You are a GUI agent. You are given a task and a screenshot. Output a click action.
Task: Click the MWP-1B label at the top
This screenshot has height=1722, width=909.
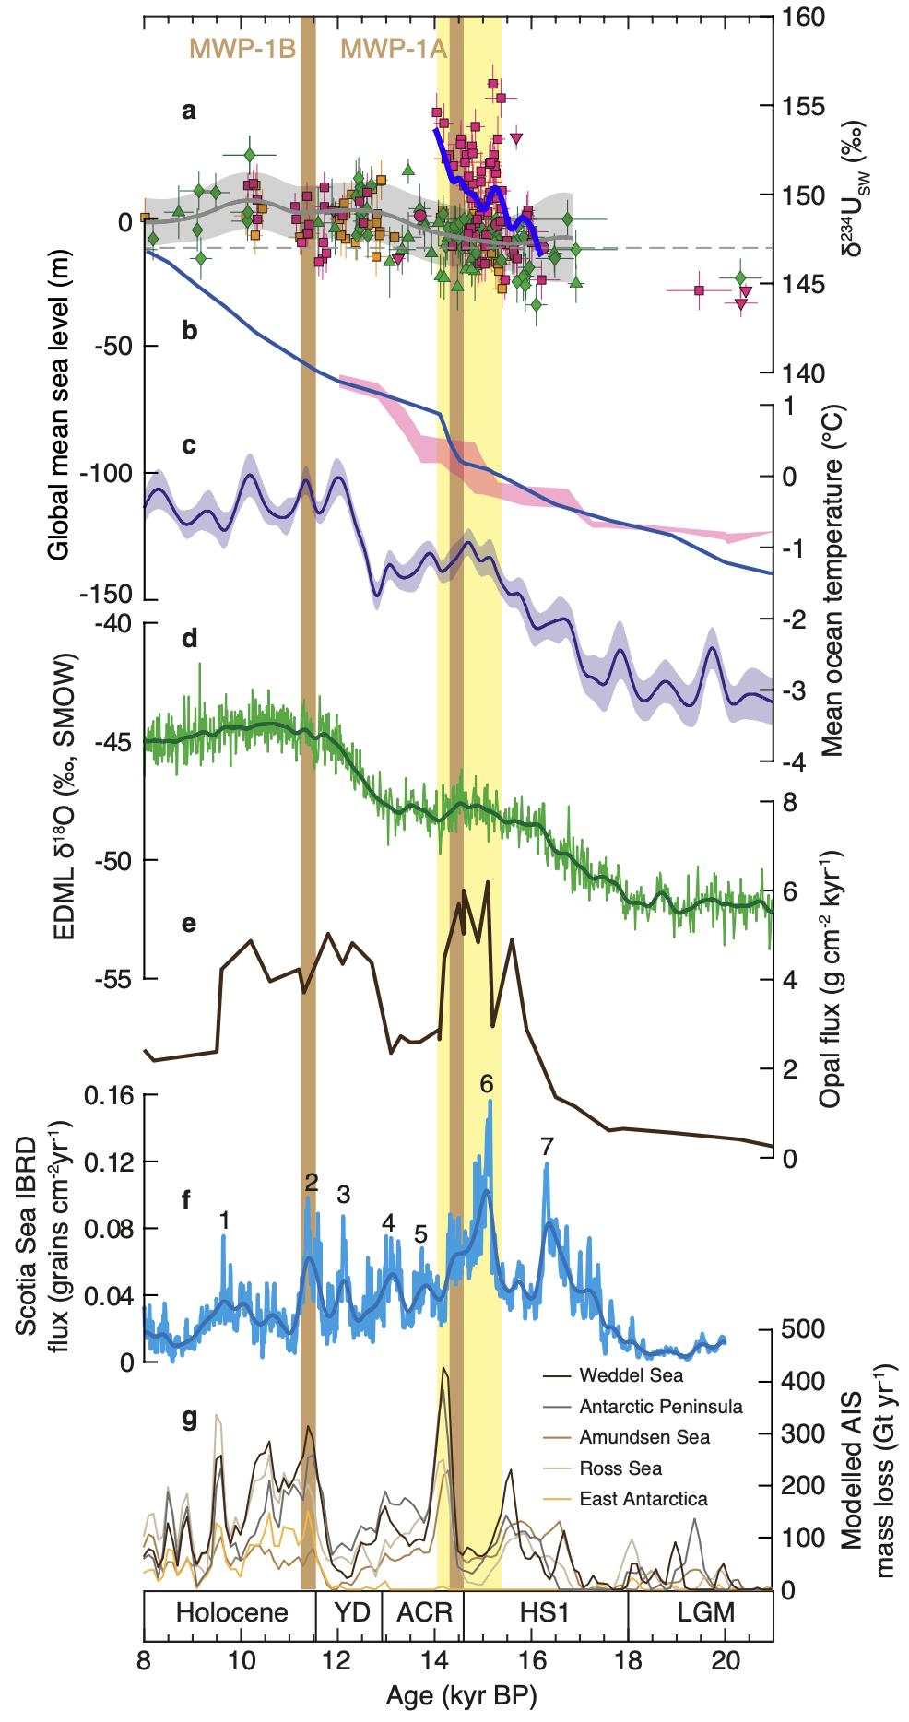click(x=242, y=49)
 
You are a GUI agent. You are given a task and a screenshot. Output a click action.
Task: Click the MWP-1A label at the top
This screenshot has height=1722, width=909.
click(x=394, y=49)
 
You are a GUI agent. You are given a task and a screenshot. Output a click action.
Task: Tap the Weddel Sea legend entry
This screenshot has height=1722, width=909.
click(x=632, y=1376)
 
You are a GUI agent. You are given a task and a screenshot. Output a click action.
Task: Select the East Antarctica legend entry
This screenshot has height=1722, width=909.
click(x=643, y=1498)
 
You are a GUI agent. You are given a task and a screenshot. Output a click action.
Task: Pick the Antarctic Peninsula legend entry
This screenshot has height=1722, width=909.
click(x=661, y=1407)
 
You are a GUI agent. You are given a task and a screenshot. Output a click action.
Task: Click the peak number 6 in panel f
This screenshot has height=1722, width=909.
click(x=488, y=1084)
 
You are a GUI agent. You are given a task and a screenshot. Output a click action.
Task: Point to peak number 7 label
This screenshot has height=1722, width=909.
click(x=547, y=1147)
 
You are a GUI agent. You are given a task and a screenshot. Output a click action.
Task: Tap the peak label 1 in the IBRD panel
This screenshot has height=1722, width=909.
click(x=224, y=1220)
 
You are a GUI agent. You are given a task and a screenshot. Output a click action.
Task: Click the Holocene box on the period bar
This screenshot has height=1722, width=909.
click(x=231, y=1612)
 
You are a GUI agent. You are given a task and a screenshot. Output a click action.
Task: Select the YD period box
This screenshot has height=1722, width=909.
click(x=349, y=1612)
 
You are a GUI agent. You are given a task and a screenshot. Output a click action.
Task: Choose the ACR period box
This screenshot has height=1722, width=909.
click(x=423, y=1612)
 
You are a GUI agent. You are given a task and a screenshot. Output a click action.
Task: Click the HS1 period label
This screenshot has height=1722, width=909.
click(x=546, y=1612)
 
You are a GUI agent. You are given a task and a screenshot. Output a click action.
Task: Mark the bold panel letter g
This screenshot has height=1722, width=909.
click(x=189, y=1420)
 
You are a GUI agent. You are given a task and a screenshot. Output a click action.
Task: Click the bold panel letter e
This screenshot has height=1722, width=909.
click(x=189, y=923)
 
